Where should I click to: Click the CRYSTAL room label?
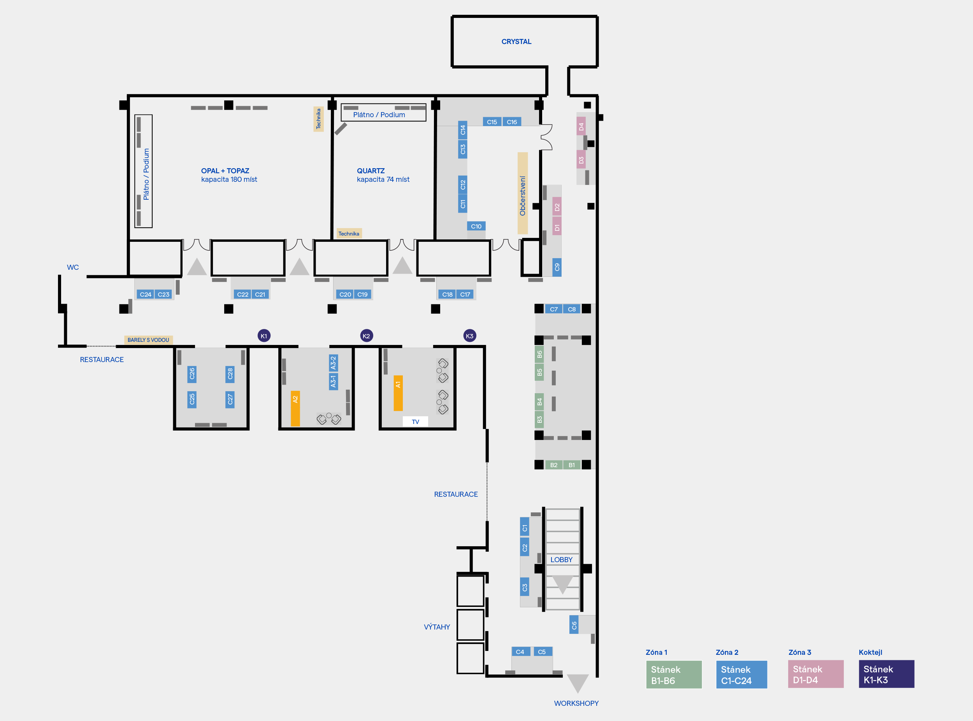click(516, 42)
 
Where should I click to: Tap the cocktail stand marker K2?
click(367, 336)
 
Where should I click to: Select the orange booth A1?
click(398, 393)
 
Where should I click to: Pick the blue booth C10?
click(476, 226)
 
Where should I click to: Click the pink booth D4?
click(581, 126)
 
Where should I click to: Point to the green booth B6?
click(539, 354)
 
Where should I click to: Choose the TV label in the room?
click(415, 422)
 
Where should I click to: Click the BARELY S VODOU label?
click(148, 339)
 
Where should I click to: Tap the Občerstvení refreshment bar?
click(522, 193)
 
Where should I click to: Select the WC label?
click(73, 267)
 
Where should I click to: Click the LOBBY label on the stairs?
click(561, 559)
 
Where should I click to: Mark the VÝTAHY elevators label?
click(437, 627)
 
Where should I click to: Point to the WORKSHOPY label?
click(576, 703)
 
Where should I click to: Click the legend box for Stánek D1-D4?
click(815, 674)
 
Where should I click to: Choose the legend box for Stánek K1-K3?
click(886, 674)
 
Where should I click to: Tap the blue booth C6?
click(574, 625)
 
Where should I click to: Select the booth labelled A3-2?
click(334, 363)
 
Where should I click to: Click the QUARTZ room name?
click(371, 171)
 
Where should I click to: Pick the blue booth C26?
click(191, 374)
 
